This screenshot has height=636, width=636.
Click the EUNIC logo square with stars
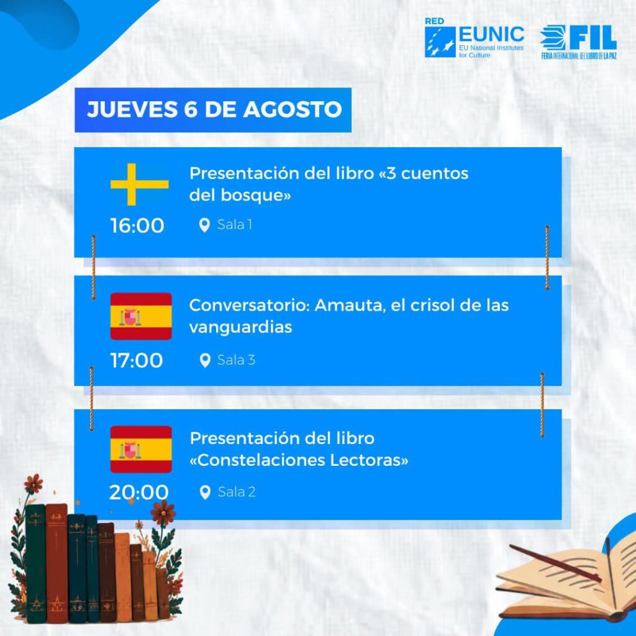point(440,42)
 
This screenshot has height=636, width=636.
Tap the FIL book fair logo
point(578,42)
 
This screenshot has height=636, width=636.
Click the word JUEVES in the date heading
point(132,109)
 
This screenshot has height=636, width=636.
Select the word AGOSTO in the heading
point(293,109)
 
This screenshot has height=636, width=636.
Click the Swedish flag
point(140,184)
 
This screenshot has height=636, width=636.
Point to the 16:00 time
point(137,225)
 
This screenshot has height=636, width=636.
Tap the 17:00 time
point(137,360)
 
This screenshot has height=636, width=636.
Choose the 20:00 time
point(139,492)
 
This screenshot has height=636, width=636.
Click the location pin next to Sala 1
point(204,225)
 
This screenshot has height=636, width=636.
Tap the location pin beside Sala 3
point(205,360)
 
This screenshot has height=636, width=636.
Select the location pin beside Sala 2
point(205,493)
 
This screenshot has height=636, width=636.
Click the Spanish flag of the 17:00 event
point(141,316)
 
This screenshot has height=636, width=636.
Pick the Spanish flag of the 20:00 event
point(141,450)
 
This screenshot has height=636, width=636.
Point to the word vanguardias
point(240,327)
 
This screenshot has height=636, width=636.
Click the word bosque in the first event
point(256,196)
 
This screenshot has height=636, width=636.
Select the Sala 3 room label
point(237,360)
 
